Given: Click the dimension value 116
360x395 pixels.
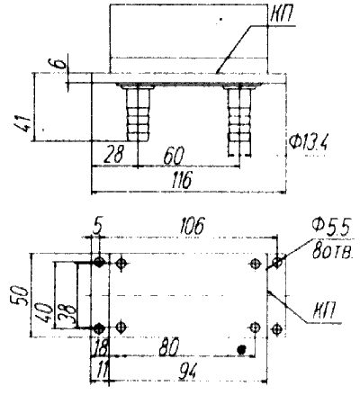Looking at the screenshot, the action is (182, 180).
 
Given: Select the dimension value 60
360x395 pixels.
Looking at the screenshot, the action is (174, 156).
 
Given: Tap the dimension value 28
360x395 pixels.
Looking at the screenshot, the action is (113, 155).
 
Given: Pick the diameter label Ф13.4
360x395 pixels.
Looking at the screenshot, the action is (309, 143).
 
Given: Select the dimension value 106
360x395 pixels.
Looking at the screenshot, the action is (192, 226).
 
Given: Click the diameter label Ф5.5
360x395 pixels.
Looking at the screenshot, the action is (331, 228).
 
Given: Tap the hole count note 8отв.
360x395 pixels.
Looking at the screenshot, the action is (332, 250).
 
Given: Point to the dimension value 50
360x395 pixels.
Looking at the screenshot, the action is (21, 295).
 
